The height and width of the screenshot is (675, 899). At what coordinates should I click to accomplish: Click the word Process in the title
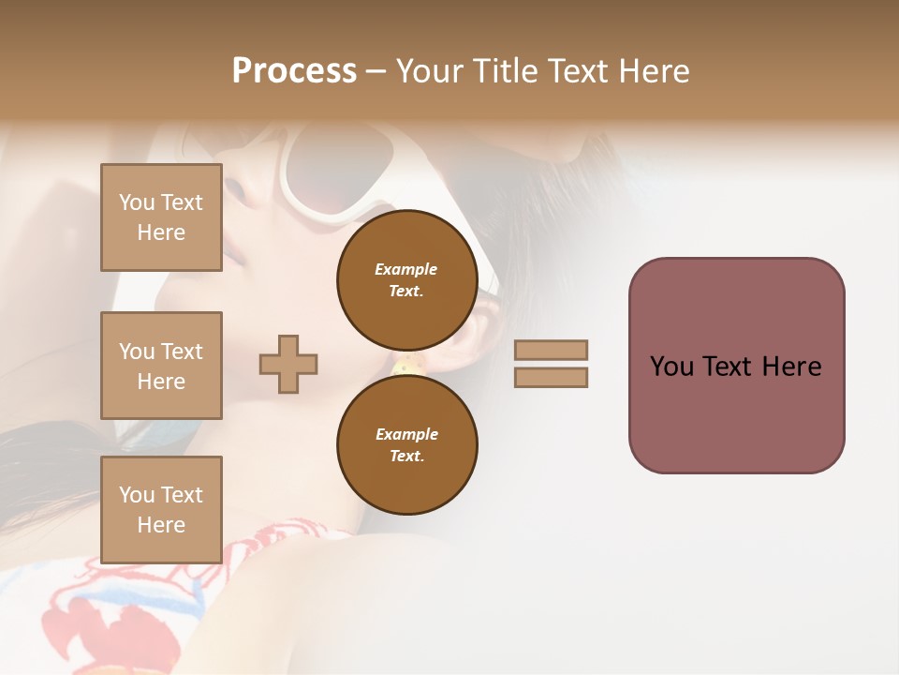point(294,70)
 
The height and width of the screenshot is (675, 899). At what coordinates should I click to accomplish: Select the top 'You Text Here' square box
point(161,217)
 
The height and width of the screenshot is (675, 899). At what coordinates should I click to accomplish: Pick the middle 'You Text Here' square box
point(161,366)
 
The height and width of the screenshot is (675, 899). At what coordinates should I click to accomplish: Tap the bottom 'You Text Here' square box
point(161,509)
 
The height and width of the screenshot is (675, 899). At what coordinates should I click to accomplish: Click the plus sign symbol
point(288,364)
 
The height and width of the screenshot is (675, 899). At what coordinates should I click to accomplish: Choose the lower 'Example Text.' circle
point(406,444)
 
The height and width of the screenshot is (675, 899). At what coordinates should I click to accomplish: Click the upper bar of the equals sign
point(551,350)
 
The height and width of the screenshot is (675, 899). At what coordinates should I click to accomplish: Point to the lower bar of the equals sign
point(551,377)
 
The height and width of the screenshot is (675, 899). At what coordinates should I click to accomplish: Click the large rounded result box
point(736,366)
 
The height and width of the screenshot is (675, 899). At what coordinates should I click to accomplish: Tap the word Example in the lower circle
point(406,434)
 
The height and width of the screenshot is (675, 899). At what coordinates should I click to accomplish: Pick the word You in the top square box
point(136,202)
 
